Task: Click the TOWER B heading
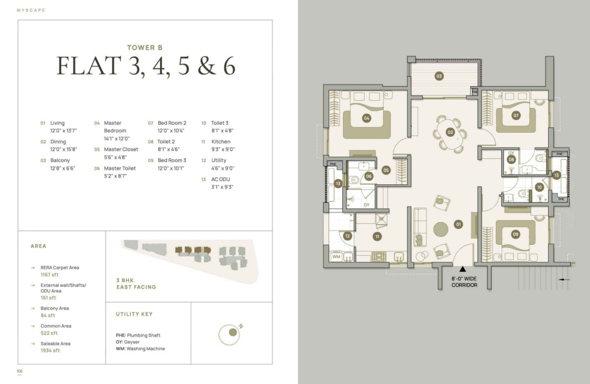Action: pyautogui.click(x=145, y=47)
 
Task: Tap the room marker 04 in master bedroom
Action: pyautogui.click(x=366, y=118)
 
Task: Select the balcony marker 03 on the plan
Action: pyautogui.click(x=439, y=76)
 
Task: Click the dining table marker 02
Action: pyautogui.click(x=450, y=132)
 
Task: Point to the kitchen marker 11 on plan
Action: pyautogui.click(x=377, y=236)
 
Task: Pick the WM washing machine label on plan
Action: pyautogui.click(x=336, y=256)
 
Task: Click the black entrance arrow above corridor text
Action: pyautogui.click(x=463, y=269)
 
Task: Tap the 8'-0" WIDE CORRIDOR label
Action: pyautogui.click(x=464, y=282)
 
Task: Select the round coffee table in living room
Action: pyautogui.click(x=441, y=229)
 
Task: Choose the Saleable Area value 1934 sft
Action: pyautogui.click(x=50, y=350)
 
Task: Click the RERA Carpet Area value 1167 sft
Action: pyautogui.click(x=50, y=275)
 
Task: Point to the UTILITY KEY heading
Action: pyautogui.click(x=134, y=314)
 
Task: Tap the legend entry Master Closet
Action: pyautogui.click(x=121, y=149)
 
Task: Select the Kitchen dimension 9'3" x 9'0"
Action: pyautogui.click(x=223, y=149)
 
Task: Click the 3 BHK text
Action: pyautogui.click(x=125, y=280)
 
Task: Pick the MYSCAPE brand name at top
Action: pyautogui.click(x=31, y=10)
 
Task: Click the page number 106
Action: pyautogui.click(x=20, y=371)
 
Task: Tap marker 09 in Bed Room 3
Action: pyautogui.click(x=516, y=234)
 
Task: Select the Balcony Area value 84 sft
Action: pyautogui.click(x=48, y=316)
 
